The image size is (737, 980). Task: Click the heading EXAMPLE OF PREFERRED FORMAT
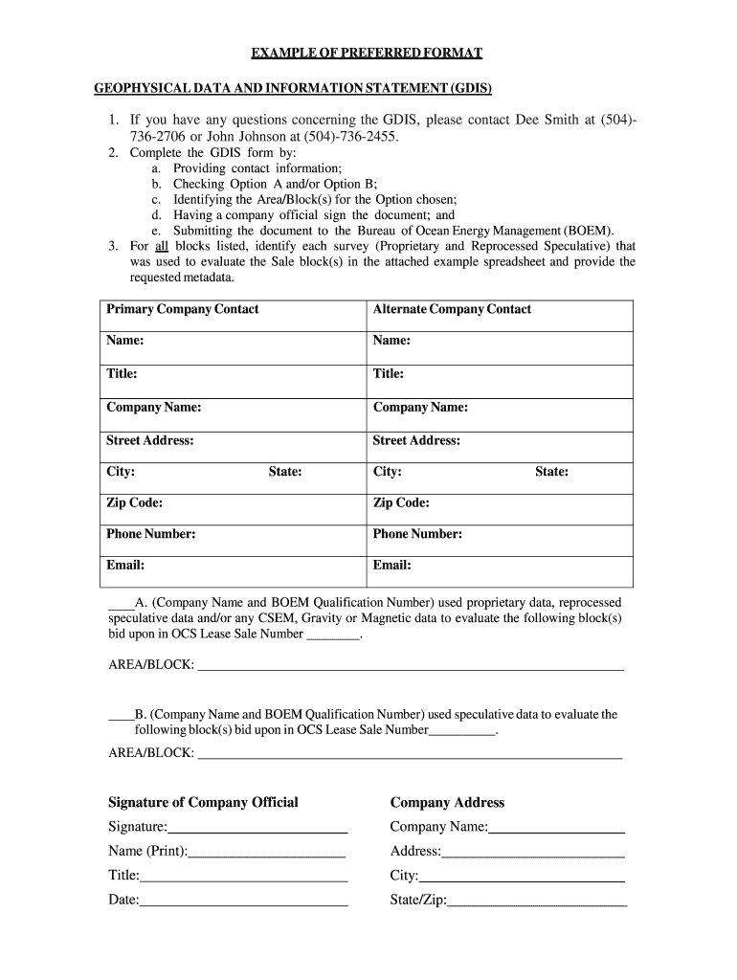point(368,53)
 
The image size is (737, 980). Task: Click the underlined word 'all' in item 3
point(162,246)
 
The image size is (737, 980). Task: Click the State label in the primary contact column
point(284,472)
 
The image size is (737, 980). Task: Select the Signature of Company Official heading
point(203,803)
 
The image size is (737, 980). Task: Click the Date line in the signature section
point(243,902)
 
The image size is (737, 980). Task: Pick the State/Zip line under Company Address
point(537,902)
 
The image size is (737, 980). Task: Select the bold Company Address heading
point(447,803)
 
